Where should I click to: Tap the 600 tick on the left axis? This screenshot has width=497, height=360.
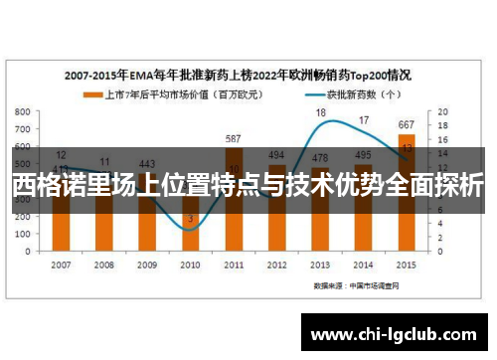23,146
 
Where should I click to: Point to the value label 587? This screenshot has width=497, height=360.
234,139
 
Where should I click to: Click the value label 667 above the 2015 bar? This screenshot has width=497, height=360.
407,125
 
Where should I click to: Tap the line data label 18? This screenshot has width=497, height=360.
321,112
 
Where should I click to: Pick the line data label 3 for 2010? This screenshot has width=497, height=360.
190,218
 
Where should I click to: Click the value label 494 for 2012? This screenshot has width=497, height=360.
277,155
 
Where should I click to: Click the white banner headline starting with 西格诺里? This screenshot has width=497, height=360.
248,185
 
